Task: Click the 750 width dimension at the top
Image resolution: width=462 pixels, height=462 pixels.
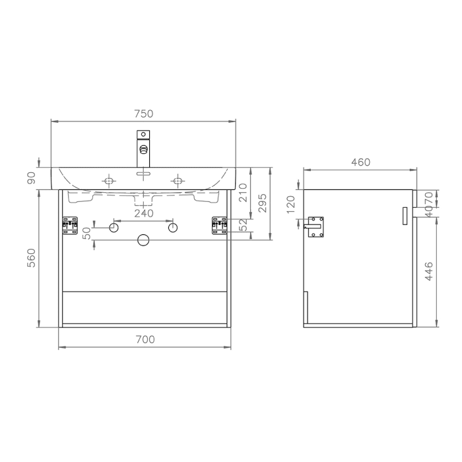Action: click(x=143, y=114)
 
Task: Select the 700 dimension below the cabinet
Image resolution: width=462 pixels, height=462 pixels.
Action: click(x=145, y=339)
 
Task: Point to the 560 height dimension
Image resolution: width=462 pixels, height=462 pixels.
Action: click(x=31, y=258)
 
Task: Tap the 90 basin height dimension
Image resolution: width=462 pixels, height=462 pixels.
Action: click(x=31, y=178)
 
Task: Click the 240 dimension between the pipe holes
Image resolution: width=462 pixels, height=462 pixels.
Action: click(x=143, y=213)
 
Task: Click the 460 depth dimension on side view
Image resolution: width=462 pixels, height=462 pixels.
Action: click(x=360, y=162)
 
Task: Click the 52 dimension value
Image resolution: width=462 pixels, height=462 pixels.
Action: click(x=242, y=225)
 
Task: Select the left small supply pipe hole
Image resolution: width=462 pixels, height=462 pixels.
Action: click(x=114, y=228)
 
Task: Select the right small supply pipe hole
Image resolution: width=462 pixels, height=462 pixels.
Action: click(x=173, y=228)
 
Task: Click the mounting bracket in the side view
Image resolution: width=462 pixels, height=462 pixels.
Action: click(x=315, y=225)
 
